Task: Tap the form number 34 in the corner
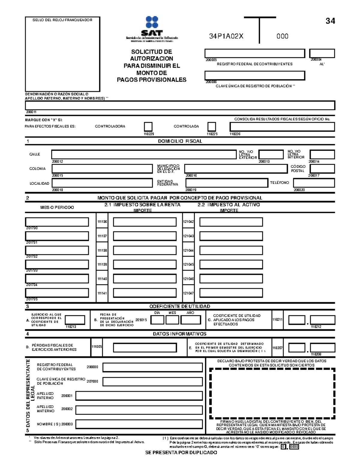pyautogui.click(x=330, y=21)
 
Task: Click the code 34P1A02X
pyautogui.click(x=226, y=36)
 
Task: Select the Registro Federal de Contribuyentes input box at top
pyautogui.click(x=255, y=53)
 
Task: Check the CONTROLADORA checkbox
pyautogui.click(x=148, y=126)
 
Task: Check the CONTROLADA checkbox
pyautogui.click(x=212, y=126)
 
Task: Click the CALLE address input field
pyautogui.click(x=144, y=155)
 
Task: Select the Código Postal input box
pyautogui.click(x=322, y=169)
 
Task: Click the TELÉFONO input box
pyautogui.click(x=314, y=183)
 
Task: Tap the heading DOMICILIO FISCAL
pyautogui.click(x=180, y=141)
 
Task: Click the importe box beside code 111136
pyautogui.click(x=145, y=222)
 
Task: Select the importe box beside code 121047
pyautogui.click(x=231, y=293)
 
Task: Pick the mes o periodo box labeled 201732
pyautogui.click(x=57, y=250)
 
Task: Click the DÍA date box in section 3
pyautogui.click(x=157, y=320)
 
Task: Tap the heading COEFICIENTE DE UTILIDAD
pyautogui.click(x=180, y=306)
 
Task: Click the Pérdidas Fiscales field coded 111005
pyautogui.click(x=145, y=347)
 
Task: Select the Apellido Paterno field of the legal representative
pyautogui.click(x=139, y=396)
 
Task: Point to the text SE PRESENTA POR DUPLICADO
pyautogui.click(x=181, y=452)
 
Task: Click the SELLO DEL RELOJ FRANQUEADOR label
pyautogui.click(x=62, y=20)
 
